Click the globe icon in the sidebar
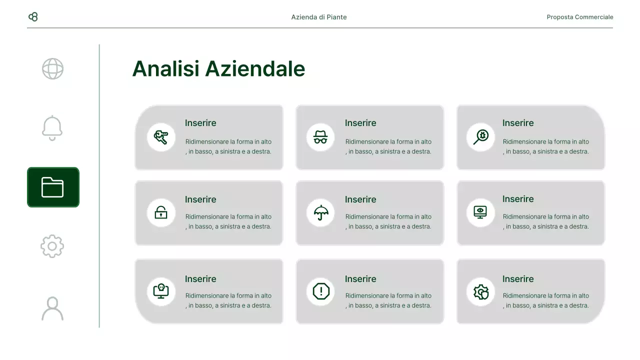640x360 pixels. [52, 69]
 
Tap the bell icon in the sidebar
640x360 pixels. [52, 128]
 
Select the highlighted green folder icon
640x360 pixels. [53, 187]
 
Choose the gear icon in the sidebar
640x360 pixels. [52, 246]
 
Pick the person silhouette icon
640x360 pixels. [52, 308]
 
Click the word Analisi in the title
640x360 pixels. [166, 68]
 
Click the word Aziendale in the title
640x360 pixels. [255, 68]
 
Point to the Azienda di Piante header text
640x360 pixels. [319, 17]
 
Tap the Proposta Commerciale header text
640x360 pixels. [580, 17]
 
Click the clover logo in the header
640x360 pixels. [33, 17]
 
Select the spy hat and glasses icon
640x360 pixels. [320, 137]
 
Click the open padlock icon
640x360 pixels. [161, 212]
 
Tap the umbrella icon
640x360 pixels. [320, 212]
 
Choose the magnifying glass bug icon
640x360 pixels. [481, 136]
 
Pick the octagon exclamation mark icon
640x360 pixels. [320, 291]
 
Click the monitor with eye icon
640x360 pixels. [480, 212]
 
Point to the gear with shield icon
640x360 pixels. [481, 291]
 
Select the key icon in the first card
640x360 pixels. [161, 136]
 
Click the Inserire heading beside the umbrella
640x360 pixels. [360, 199]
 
